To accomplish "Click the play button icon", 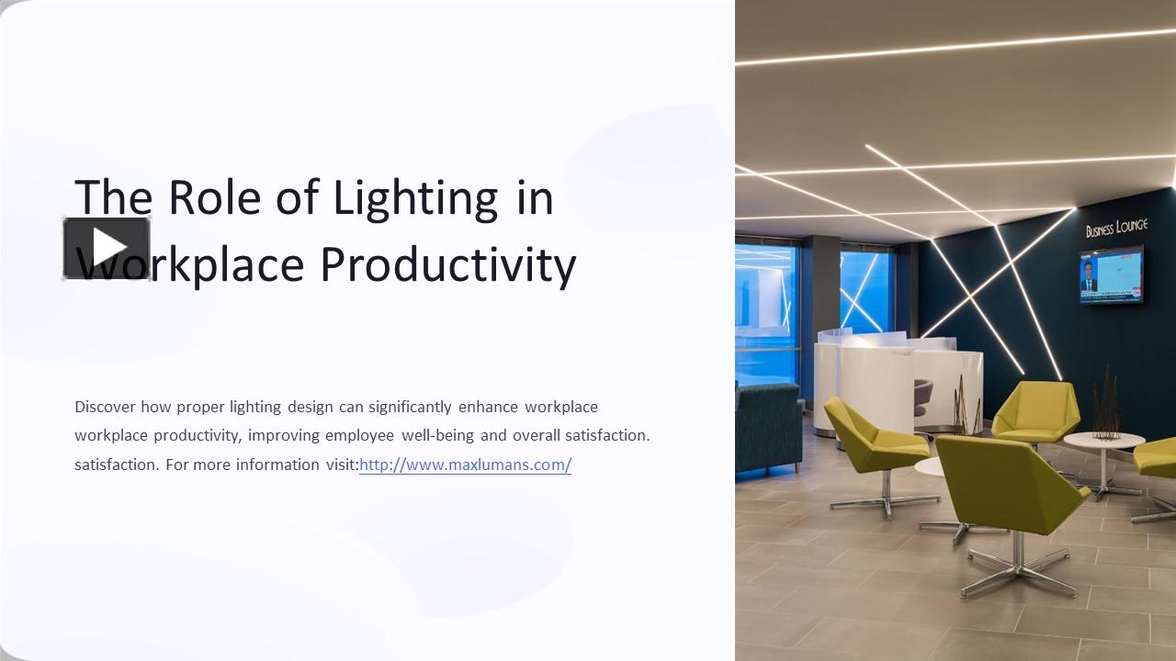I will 107,248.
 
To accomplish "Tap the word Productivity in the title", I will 448,264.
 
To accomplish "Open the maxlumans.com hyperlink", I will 465,465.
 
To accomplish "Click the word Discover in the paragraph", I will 105,407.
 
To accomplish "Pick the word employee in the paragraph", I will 359,435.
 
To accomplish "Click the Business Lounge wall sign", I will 1115,228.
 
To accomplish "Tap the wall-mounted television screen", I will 1111,274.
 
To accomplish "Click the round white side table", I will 1103,443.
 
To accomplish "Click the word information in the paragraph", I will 277,465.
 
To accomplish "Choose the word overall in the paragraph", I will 536,435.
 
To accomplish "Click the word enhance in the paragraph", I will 488,407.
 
